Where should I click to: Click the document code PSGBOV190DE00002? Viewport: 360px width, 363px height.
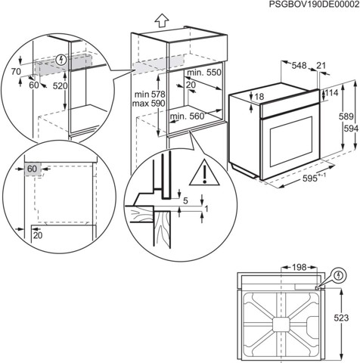[303, 5]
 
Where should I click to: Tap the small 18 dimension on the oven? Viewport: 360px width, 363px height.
[259, 97]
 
